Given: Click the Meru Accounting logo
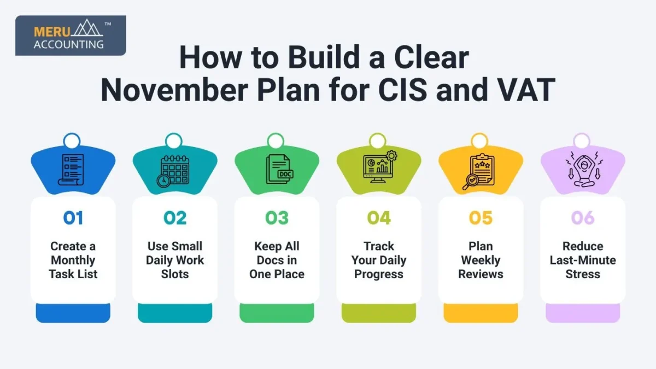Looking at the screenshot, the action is pos(71,36).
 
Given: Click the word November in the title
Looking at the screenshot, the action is pos(174,89).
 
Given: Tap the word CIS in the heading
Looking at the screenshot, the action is pos(402,89).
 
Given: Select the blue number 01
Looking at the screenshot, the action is pos(73,218).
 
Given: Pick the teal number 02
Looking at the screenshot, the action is pos(175,218).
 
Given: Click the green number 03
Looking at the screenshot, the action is pos(277,218).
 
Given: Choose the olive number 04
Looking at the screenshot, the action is pos(379,218).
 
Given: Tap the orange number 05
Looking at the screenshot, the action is pos(481,218).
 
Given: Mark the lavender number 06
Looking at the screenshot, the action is pos(583,218).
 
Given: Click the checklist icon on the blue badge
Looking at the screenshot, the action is pos(71,170).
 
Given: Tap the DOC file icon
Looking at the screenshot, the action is pos(279,169).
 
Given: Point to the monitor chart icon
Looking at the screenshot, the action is pos(380,167).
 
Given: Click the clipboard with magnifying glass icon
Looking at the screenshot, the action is pos(479,172).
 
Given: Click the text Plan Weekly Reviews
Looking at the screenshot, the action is pos(481,260).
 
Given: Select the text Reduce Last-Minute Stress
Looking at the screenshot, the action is pos(583,260).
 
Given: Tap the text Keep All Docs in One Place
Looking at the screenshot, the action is pos(277,260).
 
